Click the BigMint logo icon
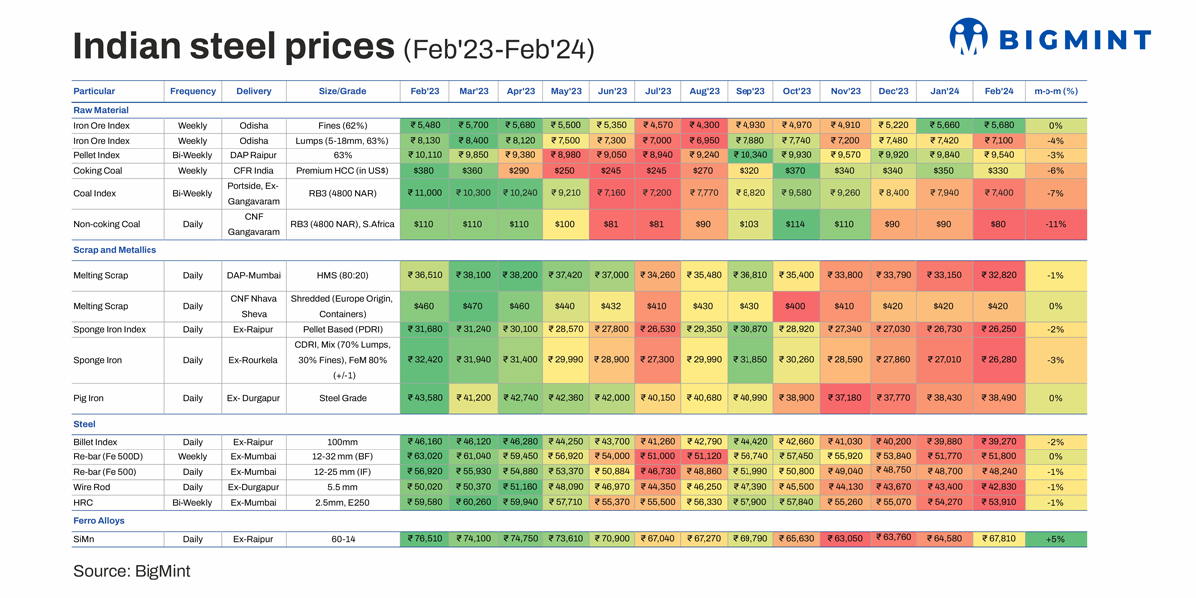click(x=968, y=38)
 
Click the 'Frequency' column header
click(x=193, y=91)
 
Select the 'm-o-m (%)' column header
click(x=1055, y=91)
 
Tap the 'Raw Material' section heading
click(x=101, y=110)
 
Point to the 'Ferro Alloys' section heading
click(x=99, y=520)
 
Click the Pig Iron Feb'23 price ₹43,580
click(x=424, y=398)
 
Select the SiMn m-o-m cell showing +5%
click(x=1055, y=539)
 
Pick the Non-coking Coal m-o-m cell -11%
click(x=1055, y=224)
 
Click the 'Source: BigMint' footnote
click(x=132, y=571)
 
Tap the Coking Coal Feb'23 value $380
click(x=424, y=170)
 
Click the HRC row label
click(x=83, y=503)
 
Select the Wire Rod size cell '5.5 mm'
click(x=342, y=487)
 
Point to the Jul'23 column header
click(x=658, y=91)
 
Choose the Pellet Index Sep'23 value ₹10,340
click(x=750, y=155)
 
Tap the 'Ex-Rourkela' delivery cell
click(x=254, y=360)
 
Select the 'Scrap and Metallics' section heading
click(x=115, y=250)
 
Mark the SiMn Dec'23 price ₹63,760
click(x=892, y=537)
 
